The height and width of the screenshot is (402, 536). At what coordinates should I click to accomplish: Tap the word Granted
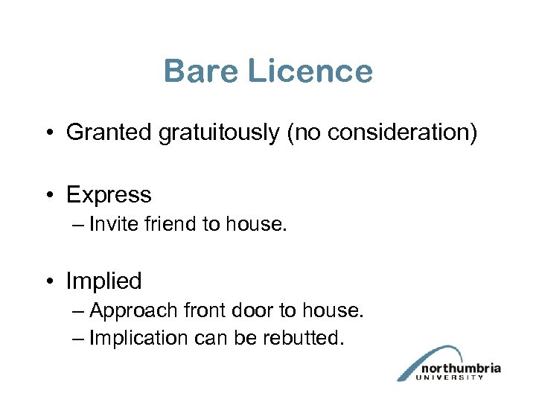[109, 133]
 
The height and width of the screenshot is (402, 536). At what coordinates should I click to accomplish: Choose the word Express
[109, 195]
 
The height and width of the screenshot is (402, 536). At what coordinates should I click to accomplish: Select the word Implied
[103, 281]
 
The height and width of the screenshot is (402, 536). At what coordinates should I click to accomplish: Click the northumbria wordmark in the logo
[461, 368]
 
